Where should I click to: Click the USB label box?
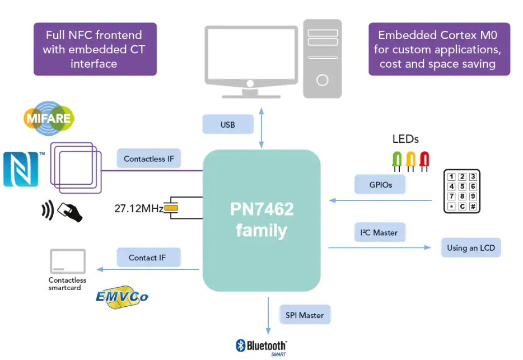pyautogui.click(x=228, y=125)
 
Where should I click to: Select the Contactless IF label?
pyautogui.click(x=148, y=158)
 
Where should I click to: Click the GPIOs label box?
pyautogui.click(x=380, y=184)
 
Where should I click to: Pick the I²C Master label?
pyautogui.click(x=379, y=232)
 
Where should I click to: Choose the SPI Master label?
pyautogui.click(x=305, y=315)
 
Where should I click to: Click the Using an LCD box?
pyautogui.click(x=470, y=247)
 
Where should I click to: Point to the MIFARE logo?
pyautogui.click(x=49, y=118)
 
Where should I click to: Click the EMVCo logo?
pyautogui.click(x=122, y=296)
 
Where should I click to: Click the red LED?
pyautogui.click(x=424, y=159)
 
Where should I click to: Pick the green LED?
pyautogui.click(x=397, y=159)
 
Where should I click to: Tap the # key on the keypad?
pyautogui.click(x=473, y=206)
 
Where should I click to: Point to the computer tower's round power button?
pyautogui.click(x=322, y=80)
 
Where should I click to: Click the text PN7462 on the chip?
pyautogui.click(x=261, y=209)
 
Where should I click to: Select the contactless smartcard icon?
pyautogui.click(x=67, y=261)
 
